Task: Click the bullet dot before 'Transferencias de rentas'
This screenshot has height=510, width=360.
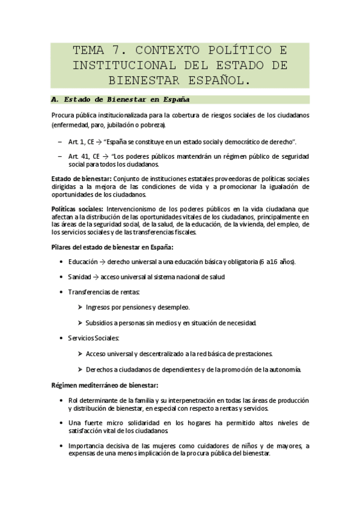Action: coord(62,292)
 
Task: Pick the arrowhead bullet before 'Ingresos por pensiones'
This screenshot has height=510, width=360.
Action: coord(80,307)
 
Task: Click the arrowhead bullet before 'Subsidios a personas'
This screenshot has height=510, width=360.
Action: coord(80,323)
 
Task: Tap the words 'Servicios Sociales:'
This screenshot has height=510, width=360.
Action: coord(94,338)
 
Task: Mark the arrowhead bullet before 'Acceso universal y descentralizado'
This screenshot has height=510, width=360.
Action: coord(80,354)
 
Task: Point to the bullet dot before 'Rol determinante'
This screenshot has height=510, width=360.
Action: coord(62,400)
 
